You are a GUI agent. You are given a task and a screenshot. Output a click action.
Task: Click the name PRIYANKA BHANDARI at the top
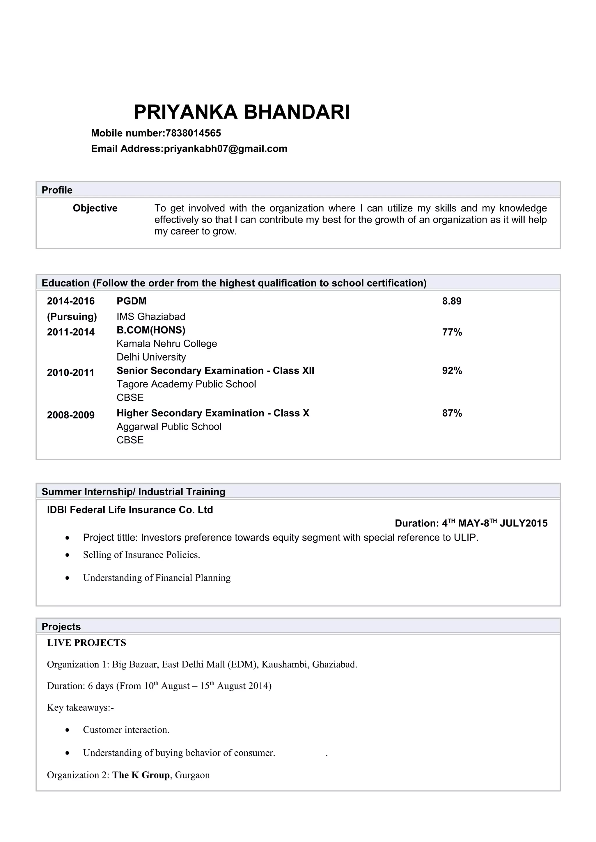coord(241,112)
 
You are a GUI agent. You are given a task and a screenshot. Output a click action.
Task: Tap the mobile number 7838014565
coord(193,133)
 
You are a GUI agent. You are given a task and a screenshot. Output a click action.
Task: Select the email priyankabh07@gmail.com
coord(226,149)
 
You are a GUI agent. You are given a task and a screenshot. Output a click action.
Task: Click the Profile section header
coord(57,190)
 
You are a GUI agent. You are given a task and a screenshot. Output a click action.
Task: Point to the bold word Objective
coord(95,208)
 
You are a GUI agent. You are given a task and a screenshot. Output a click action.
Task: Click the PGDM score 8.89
coord(451,301)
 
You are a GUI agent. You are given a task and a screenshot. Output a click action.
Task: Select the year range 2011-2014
coord(71,332)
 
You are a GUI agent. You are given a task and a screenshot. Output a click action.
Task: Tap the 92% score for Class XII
coord(452,371)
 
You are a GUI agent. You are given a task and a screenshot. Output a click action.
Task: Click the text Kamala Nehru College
coord(167,344)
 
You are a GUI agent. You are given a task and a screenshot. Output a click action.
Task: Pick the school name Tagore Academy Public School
coord(186,384)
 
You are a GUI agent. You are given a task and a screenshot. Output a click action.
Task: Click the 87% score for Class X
coord(452,413)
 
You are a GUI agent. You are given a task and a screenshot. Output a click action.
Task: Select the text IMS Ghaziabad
coord(151,316)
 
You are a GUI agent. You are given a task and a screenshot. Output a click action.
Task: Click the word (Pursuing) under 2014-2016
coord(72,316)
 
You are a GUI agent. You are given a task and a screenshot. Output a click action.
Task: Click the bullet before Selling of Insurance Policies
coord(67,555)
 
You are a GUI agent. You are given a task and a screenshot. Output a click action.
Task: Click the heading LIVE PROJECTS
coord(86,643)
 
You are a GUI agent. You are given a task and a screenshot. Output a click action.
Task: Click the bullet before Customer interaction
coord(67,730)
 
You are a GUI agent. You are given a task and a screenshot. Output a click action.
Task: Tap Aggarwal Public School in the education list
coord(169,427)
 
